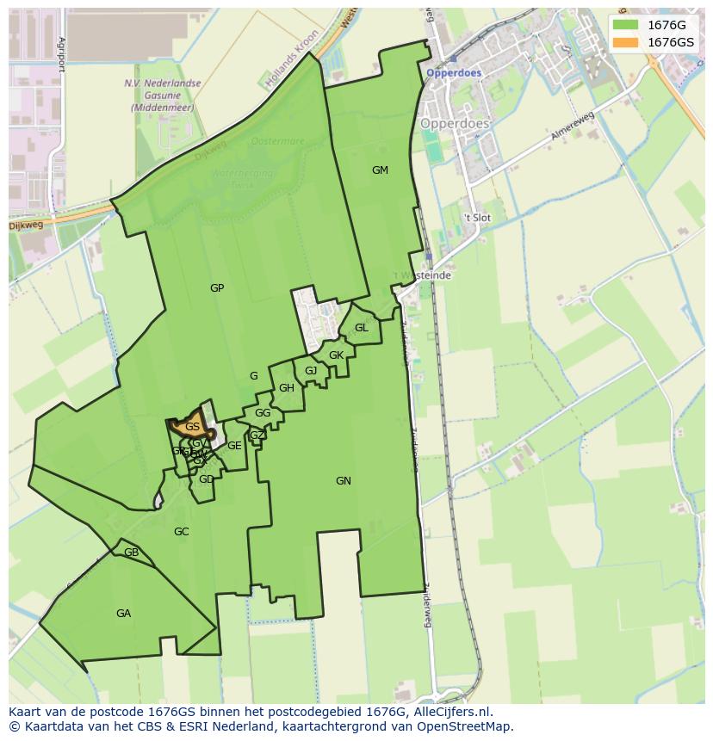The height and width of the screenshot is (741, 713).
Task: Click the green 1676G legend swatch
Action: click(x=625, y=25)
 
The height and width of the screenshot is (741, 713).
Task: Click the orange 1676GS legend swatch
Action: click(x=625, y=42)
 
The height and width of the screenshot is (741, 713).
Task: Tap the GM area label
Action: click(x=380, y=170)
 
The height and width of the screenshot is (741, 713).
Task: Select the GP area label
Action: click(x=217, y=288)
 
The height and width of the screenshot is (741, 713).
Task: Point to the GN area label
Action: click(x=344, y=481)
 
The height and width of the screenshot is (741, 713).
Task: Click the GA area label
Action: click(x=123, y=614)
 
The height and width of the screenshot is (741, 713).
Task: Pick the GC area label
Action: click(x=181, y=532)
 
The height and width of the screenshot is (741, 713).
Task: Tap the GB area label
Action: click(x=131, y=553)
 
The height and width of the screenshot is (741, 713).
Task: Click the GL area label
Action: click(x=362, y=328)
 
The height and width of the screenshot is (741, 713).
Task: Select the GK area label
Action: click(x=336, y=355)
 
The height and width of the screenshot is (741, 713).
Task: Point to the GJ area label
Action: click(x=311, y=371)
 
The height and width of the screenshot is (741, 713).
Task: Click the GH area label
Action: click(x=287, y=388)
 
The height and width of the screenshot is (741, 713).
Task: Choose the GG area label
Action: click(x=263, y=413)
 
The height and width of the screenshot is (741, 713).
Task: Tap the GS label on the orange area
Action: click(x=192, y=427)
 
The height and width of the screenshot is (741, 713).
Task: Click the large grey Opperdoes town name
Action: click(x=454, y=124)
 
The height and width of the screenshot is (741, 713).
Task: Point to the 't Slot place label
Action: click(x=476, y=218)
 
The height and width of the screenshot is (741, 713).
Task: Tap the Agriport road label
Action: click(x=61, y=55)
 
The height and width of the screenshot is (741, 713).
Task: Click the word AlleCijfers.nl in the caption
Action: click(x=453, y=712)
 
